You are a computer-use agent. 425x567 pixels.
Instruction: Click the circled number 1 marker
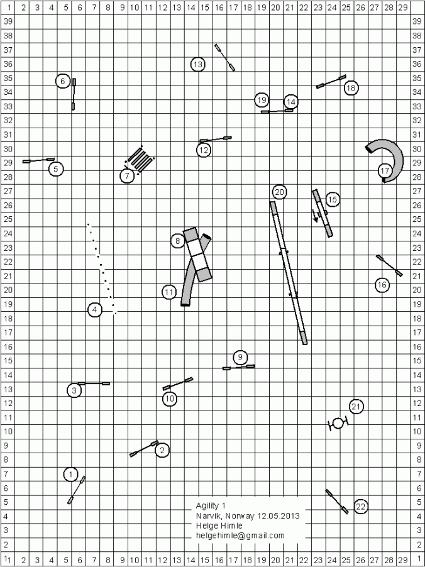coord(72,475)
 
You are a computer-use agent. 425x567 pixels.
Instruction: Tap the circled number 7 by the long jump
coord(127,176)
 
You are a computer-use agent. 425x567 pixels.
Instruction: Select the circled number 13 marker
coord(198,63)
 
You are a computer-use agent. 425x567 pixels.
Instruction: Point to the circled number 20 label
coord(280,192)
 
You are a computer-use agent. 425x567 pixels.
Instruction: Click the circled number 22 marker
coord(361,507)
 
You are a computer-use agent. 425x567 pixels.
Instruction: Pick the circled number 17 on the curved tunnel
coord(385,170)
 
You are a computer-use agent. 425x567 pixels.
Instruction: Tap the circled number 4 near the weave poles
coord(94,309)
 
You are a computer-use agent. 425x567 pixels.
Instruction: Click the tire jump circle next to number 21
coord(338,423)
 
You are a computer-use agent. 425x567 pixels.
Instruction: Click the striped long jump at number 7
coord(141,160)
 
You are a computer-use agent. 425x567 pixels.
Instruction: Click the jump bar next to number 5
coord(38,161)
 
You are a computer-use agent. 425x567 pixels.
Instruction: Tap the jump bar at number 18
coord(331,82)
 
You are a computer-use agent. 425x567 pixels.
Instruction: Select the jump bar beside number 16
coord(389,265)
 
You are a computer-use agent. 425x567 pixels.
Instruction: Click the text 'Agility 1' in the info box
coord(211,506)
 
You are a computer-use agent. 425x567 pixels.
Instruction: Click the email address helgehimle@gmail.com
coord(240,536)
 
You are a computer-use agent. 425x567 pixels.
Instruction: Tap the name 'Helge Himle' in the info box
coord(217,526)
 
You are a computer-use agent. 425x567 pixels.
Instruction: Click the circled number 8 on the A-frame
coord(179,241)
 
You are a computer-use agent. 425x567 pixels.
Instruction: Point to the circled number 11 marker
coord(168,292)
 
